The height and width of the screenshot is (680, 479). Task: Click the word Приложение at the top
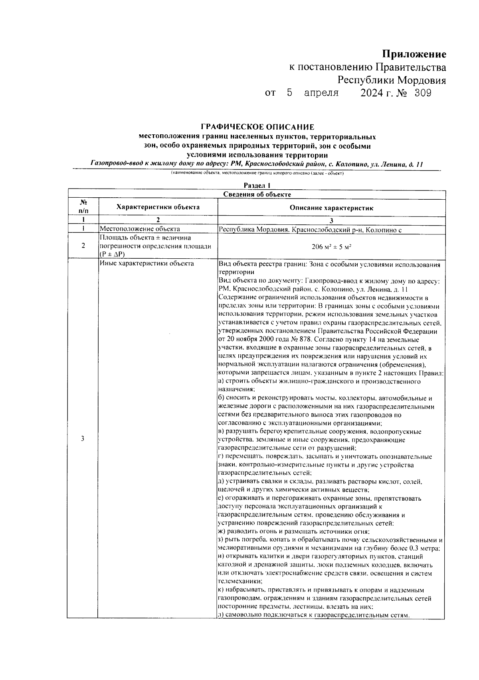pyautogui.click(x=414, y=54)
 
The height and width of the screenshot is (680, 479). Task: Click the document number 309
pyautogui.click(x=423, y=93)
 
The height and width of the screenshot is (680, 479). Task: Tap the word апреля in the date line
pyautogui.click(x=321, y=93)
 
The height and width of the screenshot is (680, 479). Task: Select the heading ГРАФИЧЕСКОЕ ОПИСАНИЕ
pyautogui.click(x=257, y=127)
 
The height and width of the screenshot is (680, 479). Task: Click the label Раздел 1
pyautogui.click(x=257, y=185)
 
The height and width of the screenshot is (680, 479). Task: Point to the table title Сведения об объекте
pyautogui.click(x=257, y=195)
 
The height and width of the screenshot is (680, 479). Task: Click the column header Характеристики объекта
pyautogui.click(x=158, y=207)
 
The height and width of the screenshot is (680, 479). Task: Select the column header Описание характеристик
pyautogui.click(x=331, y=208)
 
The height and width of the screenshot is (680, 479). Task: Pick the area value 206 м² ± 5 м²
pyautogui.click(x=331, y=246)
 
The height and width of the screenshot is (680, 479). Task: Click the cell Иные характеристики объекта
pyautogui.click(x=147, y=263)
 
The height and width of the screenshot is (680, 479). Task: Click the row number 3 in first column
pyautogui.click(x=83, y=439)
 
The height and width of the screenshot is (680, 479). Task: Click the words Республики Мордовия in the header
pyautogui.click(x=392, y=80)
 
